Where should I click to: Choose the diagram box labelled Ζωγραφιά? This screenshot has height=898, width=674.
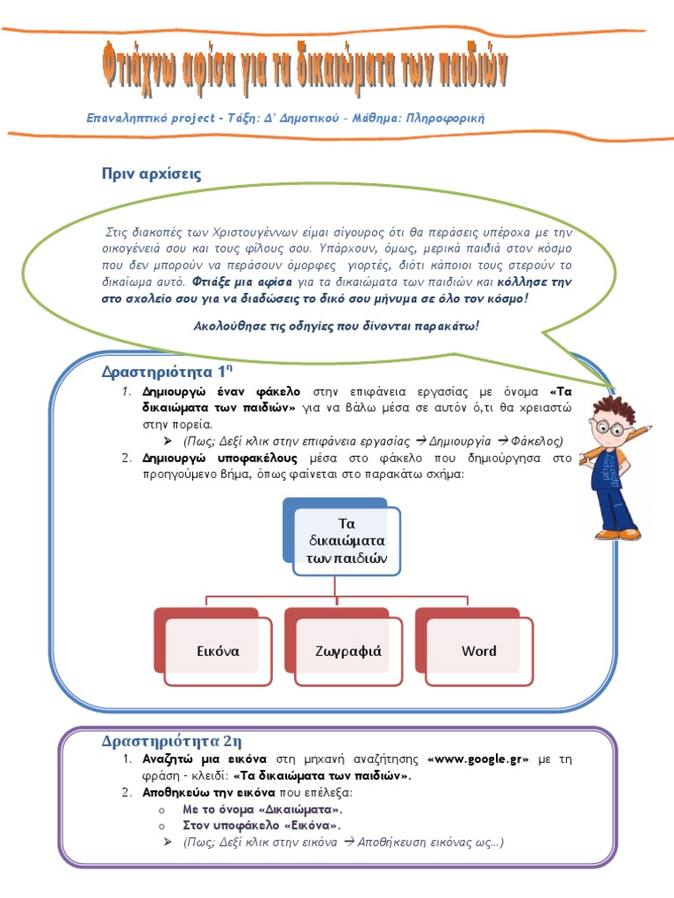348,651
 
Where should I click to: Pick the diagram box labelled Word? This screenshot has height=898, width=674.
478,651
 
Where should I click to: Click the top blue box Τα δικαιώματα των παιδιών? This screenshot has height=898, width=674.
348,540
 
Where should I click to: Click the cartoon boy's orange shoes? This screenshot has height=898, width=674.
619,531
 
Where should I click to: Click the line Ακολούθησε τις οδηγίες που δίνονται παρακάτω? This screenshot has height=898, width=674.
336,325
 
